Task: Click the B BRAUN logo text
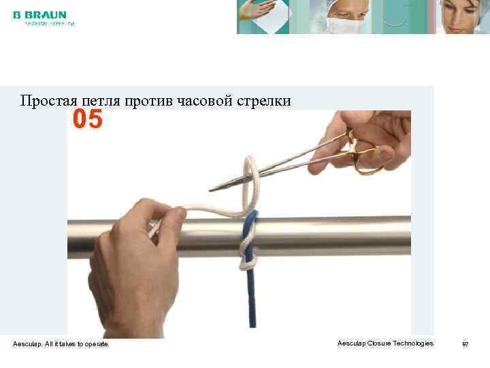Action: [39, 14]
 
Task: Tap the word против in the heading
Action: [149, 102]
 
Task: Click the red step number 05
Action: [88, 121]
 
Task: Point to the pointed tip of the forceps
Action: [212, 188]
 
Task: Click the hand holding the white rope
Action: [136, 266]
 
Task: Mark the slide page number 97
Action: [465, 344]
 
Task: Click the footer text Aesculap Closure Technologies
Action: [385, 343]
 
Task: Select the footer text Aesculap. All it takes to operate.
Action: [61, 344]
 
